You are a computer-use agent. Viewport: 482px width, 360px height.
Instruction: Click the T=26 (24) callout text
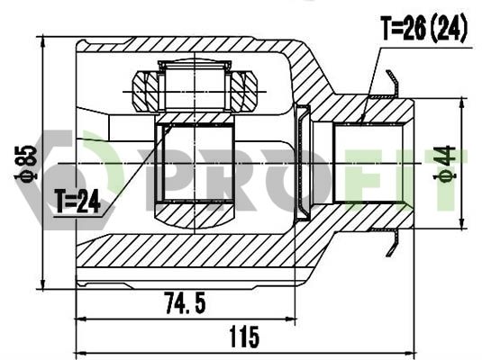tap(424, 28)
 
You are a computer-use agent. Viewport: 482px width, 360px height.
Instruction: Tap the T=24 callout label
tap(77, 201)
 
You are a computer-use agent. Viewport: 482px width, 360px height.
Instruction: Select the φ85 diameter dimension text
tap(26, 163)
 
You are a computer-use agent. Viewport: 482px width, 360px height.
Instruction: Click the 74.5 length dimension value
tap(185, 303)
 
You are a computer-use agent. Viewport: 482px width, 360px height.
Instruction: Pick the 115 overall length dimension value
tap(244, 337)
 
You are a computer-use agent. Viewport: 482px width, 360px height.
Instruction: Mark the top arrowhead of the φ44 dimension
tap(461, 103)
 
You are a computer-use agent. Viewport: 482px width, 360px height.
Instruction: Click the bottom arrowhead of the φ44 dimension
tap(461, 223)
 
